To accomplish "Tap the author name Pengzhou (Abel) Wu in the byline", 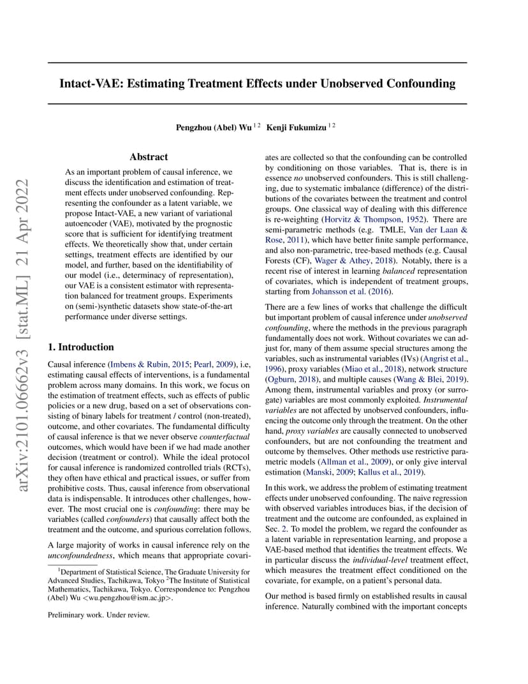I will (x=213, y=127).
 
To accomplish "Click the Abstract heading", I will (x=149, y=157).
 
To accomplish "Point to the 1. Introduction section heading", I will (x=81, y=347).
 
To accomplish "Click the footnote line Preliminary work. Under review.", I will (x=99, y=615).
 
